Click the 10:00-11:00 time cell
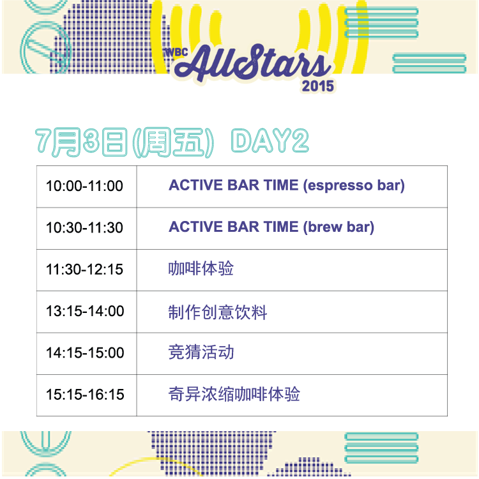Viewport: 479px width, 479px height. (84, 186)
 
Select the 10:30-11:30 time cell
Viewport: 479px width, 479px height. (84, 227)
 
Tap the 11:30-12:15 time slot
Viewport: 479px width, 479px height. (84, 270)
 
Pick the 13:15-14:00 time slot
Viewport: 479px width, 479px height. (85, 311)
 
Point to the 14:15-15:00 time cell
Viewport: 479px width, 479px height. (85, 353)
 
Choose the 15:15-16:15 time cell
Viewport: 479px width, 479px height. (85, 395)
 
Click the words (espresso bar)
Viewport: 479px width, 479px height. (354, 185)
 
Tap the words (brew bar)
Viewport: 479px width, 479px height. (338, 227)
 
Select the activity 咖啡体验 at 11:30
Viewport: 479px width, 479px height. (201, 268)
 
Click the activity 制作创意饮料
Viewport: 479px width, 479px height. (218, 312)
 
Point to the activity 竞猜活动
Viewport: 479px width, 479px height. (201, 352)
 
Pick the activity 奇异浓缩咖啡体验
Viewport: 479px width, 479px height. (234, 394)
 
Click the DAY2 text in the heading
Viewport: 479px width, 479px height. (270, 141)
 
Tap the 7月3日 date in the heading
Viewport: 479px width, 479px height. (80, 142)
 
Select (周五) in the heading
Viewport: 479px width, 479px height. (173, 142)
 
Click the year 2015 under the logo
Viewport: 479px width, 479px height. (317, 86)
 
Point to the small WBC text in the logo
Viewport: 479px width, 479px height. (176, 52)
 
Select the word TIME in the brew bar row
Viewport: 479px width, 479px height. (281, 227)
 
